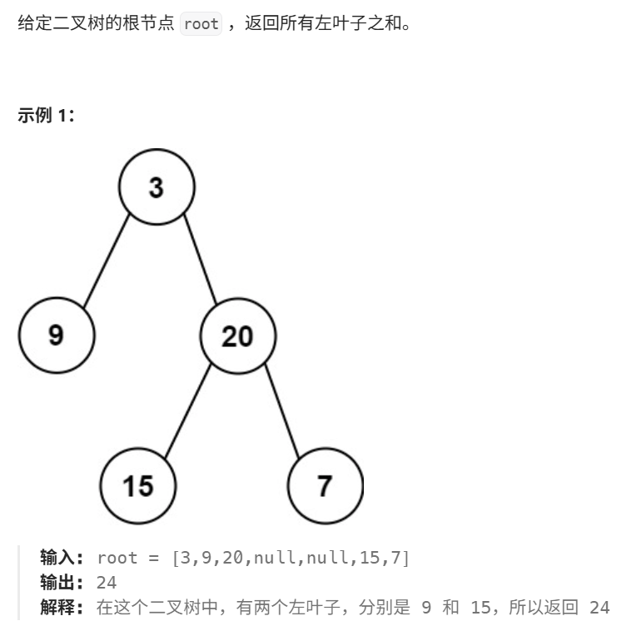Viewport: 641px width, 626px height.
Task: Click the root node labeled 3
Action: (157, 187)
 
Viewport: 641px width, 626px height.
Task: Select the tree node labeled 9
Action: (57, 335)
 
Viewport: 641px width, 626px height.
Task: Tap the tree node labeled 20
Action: (237, 335)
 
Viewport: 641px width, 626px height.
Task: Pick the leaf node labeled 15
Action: (138, 485)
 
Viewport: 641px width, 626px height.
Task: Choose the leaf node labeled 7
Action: (325, 485)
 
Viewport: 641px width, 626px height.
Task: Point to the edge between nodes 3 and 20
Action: (200, 260)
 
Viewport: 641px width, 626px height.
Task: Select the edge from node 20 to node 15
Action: (188, 410)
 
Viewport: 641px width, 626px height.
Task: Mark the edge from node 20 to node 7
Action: (282, 411)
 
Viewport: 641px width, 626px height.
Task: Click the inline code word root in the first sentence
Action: (201, 23)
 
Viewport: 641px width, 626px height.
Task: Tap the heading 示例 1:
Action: (47, 117)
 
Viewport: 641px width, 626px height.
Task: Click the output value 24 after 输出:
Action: (107, 583)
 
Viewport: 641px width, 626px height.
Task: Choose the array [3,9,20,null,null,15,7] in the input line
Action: (291, 558)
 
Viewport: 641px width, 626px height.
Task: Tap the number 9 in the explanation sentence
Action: (426, 608)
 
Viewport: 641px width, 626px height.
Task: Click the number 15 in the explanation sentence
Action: (491, 608)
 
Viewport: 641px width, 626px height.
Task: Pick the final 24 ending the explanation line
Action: (599, 608)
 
